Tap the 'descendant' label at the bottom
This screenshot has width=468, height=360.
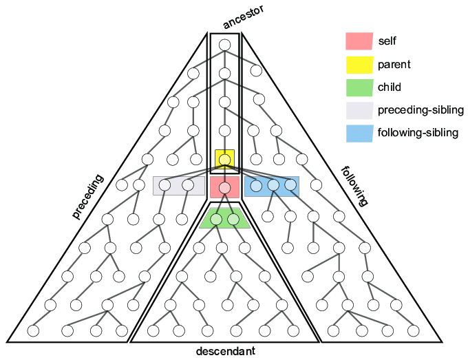point(225,352)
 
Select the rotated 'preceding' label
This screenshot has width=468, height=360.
point(87,196)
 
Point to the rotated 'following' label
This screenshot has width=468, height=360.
point(354,185)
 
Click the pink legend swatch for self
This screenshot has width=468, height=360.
point(359,41)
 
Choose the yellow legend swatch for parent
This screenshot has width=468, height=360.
point(359,65)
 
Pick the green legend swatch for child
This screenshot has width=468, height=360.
point(359,87)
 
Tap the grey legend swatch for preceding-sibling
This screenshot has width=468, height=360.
point(359,110)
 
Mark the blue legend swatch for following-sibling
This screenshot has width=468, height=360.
point(359,133)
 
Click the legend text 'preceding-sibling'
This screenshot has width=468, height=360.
point(421,110)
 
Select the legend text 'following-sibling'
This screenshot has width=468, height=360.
point(418,133)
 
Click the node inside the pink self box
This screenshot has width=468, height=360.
point(224,187)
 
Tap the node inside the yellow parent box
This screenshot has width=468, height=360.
point(224,160)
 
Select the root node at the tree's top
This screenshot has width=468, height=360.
point(224,45)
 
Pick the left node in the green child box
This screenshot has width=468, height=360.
point(216,220)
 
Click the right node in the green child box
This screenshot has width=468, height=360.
point(233,220)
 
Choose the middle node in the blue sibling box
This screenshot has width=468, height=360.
point(273,184)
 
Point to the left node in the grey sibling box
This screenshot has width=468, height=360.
point(165,184)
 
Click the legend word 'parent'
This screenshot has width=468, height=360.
point(394,65)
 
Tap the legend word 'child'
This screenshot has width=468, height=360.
point(389,87)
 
